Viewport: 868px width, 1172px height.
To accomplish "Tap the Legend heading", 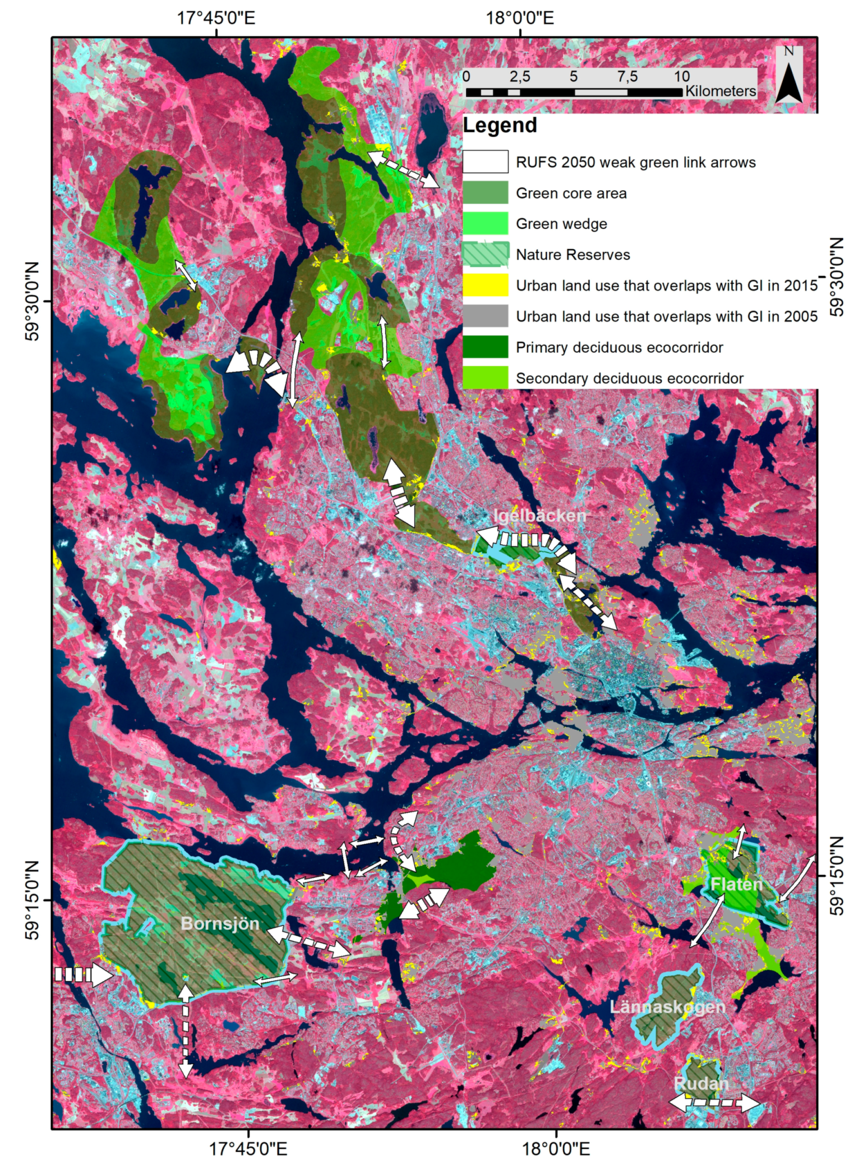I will tap(500, 125).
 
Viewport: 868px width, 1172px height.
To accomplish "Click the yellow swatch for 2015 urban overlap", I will tap(485, 285).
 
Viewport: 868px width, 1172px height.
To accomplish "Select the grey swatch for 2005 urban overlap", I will tap(485, 316).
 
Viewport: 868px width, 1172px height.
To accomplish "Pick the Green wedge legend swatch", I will tap(485, 223).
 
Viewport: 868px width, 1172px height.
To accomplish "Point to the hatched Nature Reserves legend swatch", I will tap(485, 254).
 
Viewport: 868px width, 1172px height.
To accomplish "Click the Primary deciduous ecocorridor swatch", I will tap(485, 347).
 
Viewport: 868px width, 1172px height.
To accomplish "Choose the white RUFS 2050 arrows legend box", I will tap(485, 162).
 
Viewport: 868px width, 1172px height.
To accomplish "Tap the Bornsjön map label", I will tap(220, 923).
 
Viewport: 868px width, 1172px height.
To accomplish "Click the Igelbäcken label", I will tap(539, 516).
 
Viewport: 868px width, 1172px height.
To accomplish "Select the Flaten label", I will tap(736, 885).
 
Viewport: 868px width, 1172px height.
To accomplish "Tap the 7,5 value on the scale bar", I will tap(627, 76).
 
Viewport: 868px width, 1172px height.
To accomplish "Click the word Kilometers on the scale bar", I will tap(720, 91).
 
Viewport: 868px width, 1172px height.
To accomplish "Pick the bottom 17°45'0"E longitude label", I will tap(248, 1148).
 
